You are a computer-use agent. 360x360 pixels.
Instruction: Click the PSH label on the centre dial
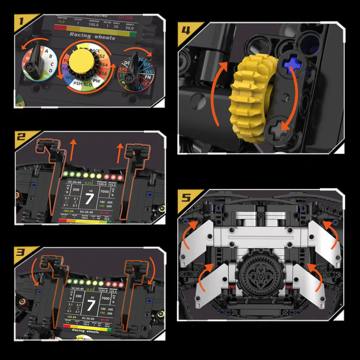tap(77, 83)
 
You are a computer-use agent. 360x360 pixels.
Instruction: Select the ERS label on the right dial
tap(123, 70)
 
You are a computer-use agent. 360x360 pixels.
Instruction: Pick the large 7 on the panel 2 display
tap(90, 199)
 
